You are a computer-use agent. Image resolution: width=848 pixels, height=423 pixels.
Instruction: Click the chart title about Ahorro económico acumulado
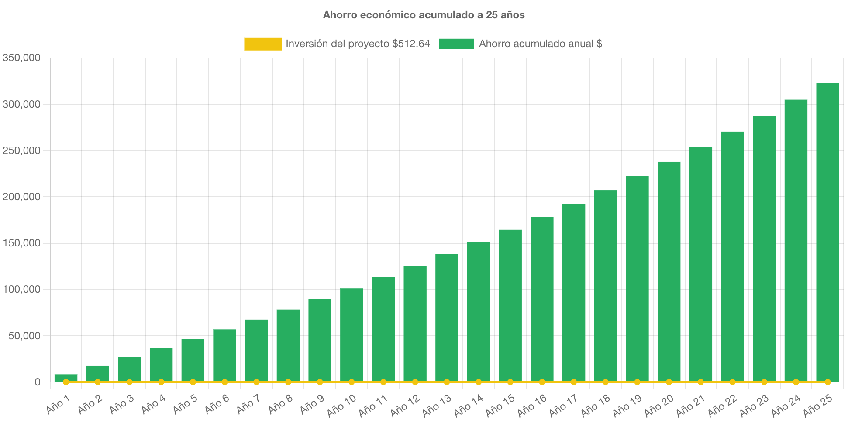424,15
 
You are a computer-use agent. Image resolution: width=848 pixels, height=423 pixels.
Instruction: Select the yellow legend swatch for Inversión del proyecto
263,44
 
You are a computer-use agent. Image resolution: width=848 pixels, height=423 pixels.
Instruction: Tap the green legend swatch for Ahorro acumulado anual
456,44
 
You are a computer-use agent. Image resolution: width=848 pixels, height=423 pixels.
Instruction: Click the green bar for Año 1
66,377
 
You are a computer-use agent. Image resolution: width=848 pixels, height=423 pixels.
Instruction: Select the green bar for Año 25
827,231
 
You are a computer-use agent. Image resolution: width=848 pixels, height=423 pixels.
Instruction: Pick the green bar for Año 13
447,317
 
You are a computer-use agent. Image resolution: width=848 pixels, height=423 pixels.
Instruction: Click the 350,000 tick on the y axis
21,58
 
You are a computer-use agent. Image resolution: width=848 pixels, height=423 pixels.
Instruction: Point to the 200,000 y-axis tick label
21,197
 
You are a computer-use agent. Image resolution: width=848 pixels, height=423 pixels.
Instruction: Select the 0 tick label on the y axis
38,382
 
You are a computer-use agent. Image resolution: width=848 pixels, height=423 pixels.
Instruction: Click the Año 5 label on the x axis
185,405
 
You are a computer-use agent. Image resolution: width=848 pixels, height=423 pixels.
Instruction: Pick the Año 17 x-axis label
563,406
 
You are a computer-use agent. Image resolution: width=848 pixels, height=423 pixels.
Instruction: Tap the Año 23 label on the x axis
754,406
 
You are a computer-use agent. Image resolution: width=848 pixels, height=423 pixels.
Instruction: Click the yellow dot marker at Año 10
352,382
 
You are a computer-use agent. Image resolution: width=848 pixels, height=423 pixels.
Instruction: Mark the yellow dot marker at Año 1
66,382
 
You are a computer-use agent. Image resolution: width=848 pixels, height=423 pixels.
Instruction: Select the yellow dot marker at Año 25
827,382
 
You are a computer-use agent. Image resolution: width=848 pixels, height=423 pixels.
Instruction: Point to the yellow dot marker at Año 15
510,382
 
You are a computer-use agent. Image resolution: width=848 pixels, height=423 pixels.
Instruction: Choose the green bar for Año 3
129,368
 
